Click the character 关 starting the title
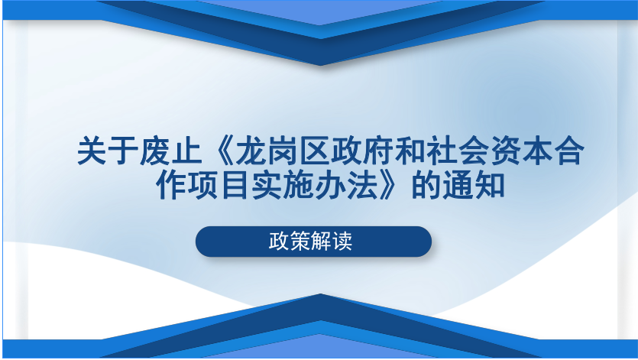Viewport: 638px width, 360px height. point(92,151)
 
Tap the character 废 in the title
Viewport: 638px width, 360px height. point(155,151)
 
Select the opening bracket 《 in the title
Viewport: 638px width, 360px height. point(219,151)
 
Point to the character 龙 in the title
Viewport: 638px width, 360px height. point(251,151)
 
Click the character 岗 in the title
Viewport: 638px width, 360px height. point(283,151)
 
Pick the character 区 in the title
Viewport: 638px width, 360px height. point(315,151)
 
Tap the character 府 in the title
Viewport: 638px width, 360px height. point(378,151)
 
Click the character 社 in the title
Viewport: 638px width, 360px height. point(442,151)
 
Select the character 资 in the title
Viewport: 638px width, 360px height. point(505,151)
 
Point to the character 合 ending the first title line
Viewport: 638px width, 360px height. point(569,151)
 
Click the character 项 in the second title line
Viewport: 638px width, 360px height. point(203,185)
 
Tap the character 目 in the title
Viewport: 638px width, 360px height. point(235,185)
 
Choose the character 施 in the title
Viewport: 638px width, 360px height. point(298,185)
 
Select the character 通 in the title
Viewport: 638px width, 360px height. point(458,185)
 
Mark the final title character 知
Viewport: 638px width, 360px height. point(490,185)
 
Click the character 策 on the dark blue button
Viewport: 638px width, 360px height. point(300,241)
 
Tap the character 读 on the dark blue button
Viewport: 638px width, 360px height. point(342,241)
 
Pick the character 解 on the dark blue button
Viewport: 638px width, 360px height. point(321,241)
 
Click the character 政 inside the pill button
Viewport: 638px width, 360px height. point(279,241)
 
